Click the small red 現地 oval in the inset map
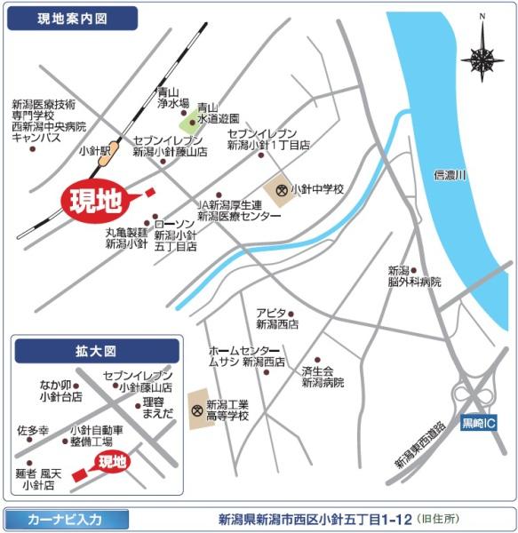coord(112,461)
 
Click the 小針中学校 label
coord(317,189)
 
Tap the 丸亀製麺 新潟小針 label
coord(126,238)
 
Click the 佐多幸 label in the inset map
coord(33,430)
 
